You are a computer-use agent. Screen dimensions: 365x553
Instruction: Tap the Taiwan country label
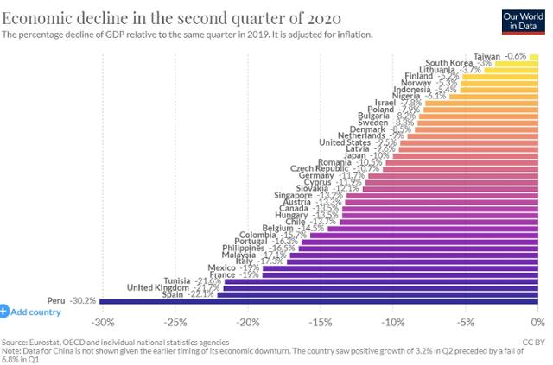tap(488, 55)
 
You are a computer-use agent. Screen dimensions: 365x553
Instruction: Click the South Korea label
tap(449, 62)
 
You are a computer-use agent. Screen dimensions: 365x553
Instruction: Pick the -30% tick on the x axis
tap(103, 323)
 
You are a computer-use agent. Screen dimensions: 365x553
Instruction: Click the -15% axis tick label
tap(321, 323)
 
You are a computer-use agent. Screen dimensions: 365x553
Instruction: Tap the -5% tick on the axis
tap(466, 323)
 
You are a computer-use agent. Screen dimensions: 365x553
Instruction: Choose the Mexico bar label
tap(222, 267)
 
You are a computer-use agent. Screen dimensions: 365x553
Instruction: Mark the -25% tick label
tap(175, 323)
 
